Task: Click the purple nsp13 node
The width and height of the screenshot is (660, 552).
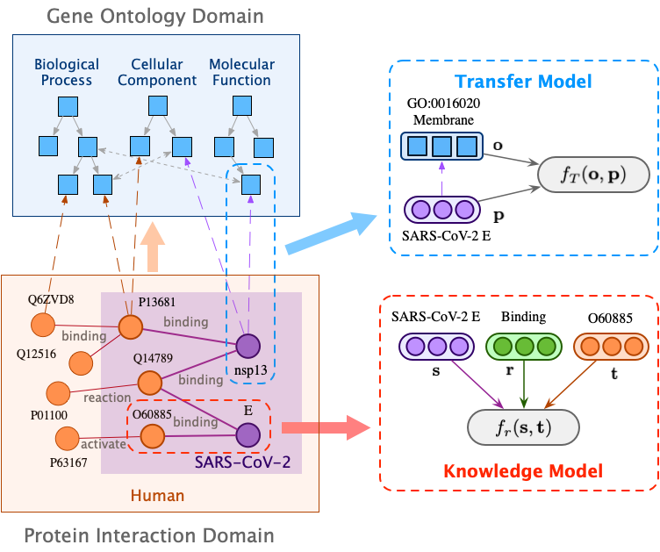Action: pyautogui.click(x=248, y=347)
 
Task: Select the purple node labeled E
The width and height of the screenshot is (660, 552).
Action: pyautogui.click(x=248, y=434)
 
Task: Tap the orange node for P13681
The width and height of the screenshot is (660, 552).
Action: pyautogui.click(x=131, y=327)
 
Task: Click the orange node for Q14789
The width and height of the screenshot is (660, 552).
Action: pyautogui.click(x=148, y=383)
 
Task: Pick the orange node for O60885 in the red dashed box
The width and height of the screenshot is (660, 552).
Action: pyautogui.click(x=154, y=434)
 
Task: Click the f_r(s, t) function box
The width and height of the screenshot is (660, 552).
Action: pyautogui.click(x=525, y=428)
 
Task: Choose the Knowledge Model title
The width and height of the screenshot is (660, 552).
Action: pyautogui.click(x=522, y=471)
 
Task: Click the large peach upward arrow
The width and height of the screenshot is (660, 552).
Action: pyautogui.click(x=154, y=247)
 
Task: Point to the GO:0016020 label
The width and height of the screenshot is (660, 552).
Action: pyautogui.click(x=442, y=102)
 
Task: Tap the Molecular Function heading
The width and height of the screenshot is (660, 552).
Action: pyautogui.click(x=241, y=72)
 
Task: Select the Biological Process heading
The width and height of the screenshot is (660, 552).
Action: pyautogui.click(x=67, y=72)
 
